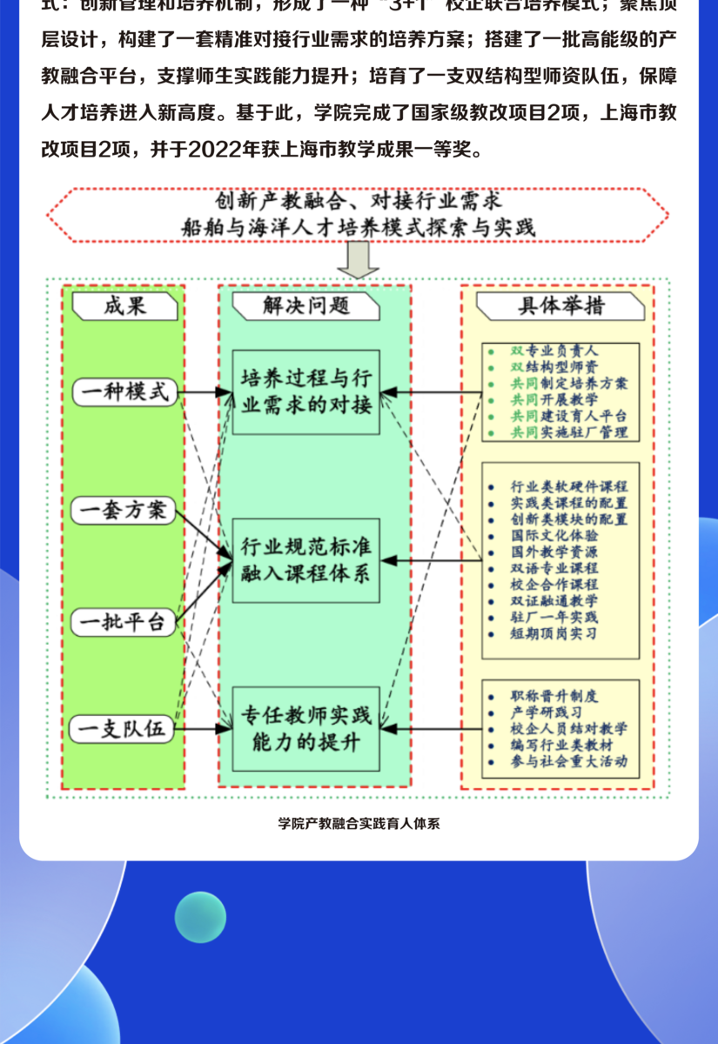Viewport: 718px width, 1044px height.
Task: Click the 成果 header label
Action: [x=124, y=305]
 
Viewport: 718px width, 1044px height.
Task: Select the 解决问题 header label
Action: [x=305, y=305]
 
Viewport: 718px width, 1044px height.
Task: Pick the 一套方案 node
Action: [x=124, y=510]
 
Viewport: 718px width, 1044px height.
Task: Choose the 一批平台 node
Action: [x=124, y=622]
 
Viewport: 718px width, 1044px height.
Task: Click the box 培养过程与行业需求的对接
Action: [x=305, y=391]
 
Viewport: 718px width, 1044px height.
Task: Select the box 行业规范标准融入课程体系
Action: [x=305, y=560]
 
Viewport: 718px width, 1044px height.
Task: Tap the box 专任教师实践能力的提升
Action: [x=305, y=729]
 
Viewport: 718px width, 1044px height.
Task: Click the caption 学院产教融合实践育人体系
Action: [x=359, y=824]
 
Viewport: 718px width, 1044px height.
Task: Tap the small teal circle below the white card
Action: [x=200, y=917]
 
